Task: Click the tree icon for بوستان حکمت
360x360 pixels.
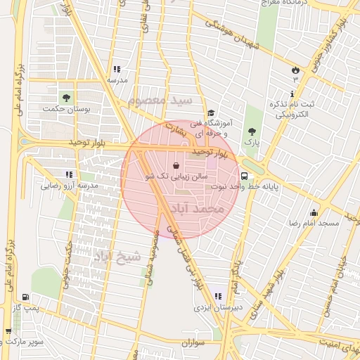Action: point(66,97)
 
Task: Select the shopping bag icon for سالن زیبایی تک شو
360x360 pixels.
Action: point(176,165)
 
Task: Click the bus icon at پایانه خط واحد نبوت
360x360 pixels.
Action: point(244,176)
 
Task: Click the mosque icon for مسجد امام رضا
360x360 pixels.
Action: point(313,212)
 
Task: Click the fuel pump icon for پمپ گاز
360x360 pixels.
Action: point(26,297)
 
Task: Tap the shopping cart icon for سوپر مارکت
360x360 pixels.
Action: point(8,331)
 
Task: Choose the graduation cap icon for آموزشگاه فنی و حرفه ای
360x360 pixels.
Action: point(210,113)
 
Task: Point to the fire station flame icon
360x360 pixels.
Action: point(295,70)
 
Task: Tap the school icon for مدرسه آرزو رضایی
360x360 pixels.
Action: point(69,174)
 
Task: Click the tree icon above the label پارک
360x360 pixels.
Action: point(252,131)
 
